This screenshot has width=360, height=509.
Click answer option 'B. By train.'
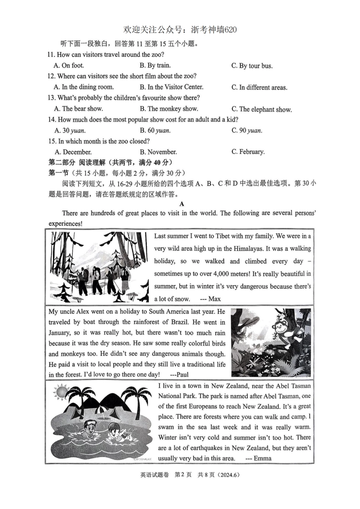pyautogui.click(x=155, y=65)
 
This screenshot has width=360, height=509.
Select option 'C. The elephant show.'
pyautogui.click(x=261, y=109)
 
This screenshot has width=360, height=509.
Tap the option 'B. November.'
pyautogui.click(x=158, y=152)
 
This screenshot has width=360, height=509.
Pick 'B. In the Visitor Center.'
pyautogui.click(x=171, y=87)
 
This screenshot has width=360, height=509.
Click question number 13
pyautogui.click(x=52, y=98)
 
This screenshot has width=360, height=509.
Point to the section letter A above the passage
pyautogui.click(x=182, y=204)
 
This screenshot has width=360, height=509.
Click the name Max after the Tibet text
pyautogui.click(x=214, y=299)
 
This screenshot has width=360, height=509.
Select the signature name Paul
pyautogui.click(x=182, y=375)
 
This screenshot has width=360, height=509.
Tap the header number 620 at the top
pyautogui.click(x=230, y=30)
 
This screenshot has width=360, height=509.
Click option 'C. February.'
pyautogui.click(x=248, y=152)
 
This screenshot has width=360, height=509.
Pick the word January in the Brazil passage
pyautogui.click(x=59, y=333)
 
